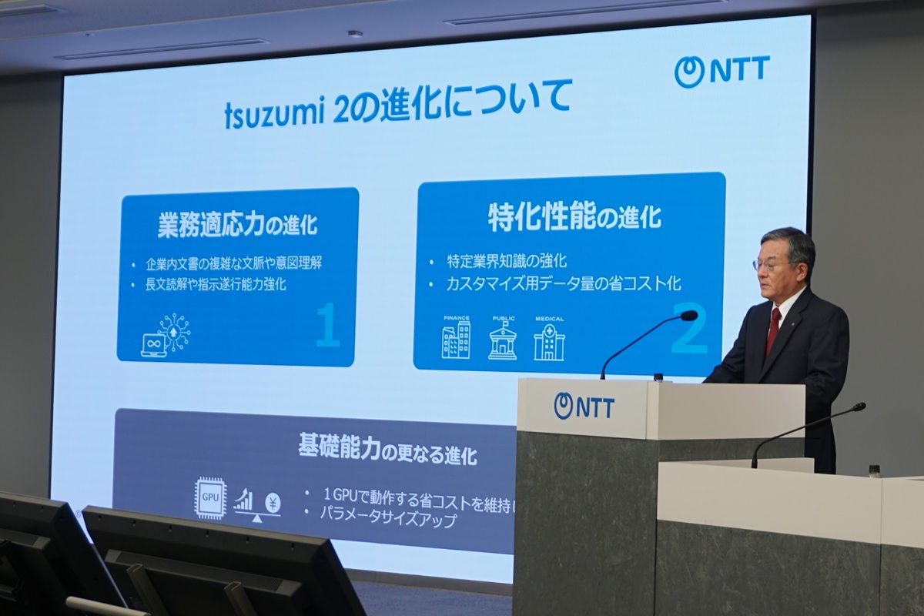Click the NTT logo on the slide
click(721, 71)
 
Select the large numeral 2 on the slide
click(688, 330)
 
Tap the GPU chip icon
click(209, 498)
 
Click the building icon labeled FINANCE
click(456, 340)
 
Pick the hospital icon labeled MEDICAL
click(549, 342)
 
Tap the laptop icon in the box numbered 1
click(153, 343)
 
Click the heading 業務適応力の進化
click(237, 225)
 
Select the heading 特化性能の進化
click(574, 217)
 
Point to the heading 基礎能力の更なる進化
click(387, 450)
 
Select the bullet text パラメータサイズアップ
click(389, 520)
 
